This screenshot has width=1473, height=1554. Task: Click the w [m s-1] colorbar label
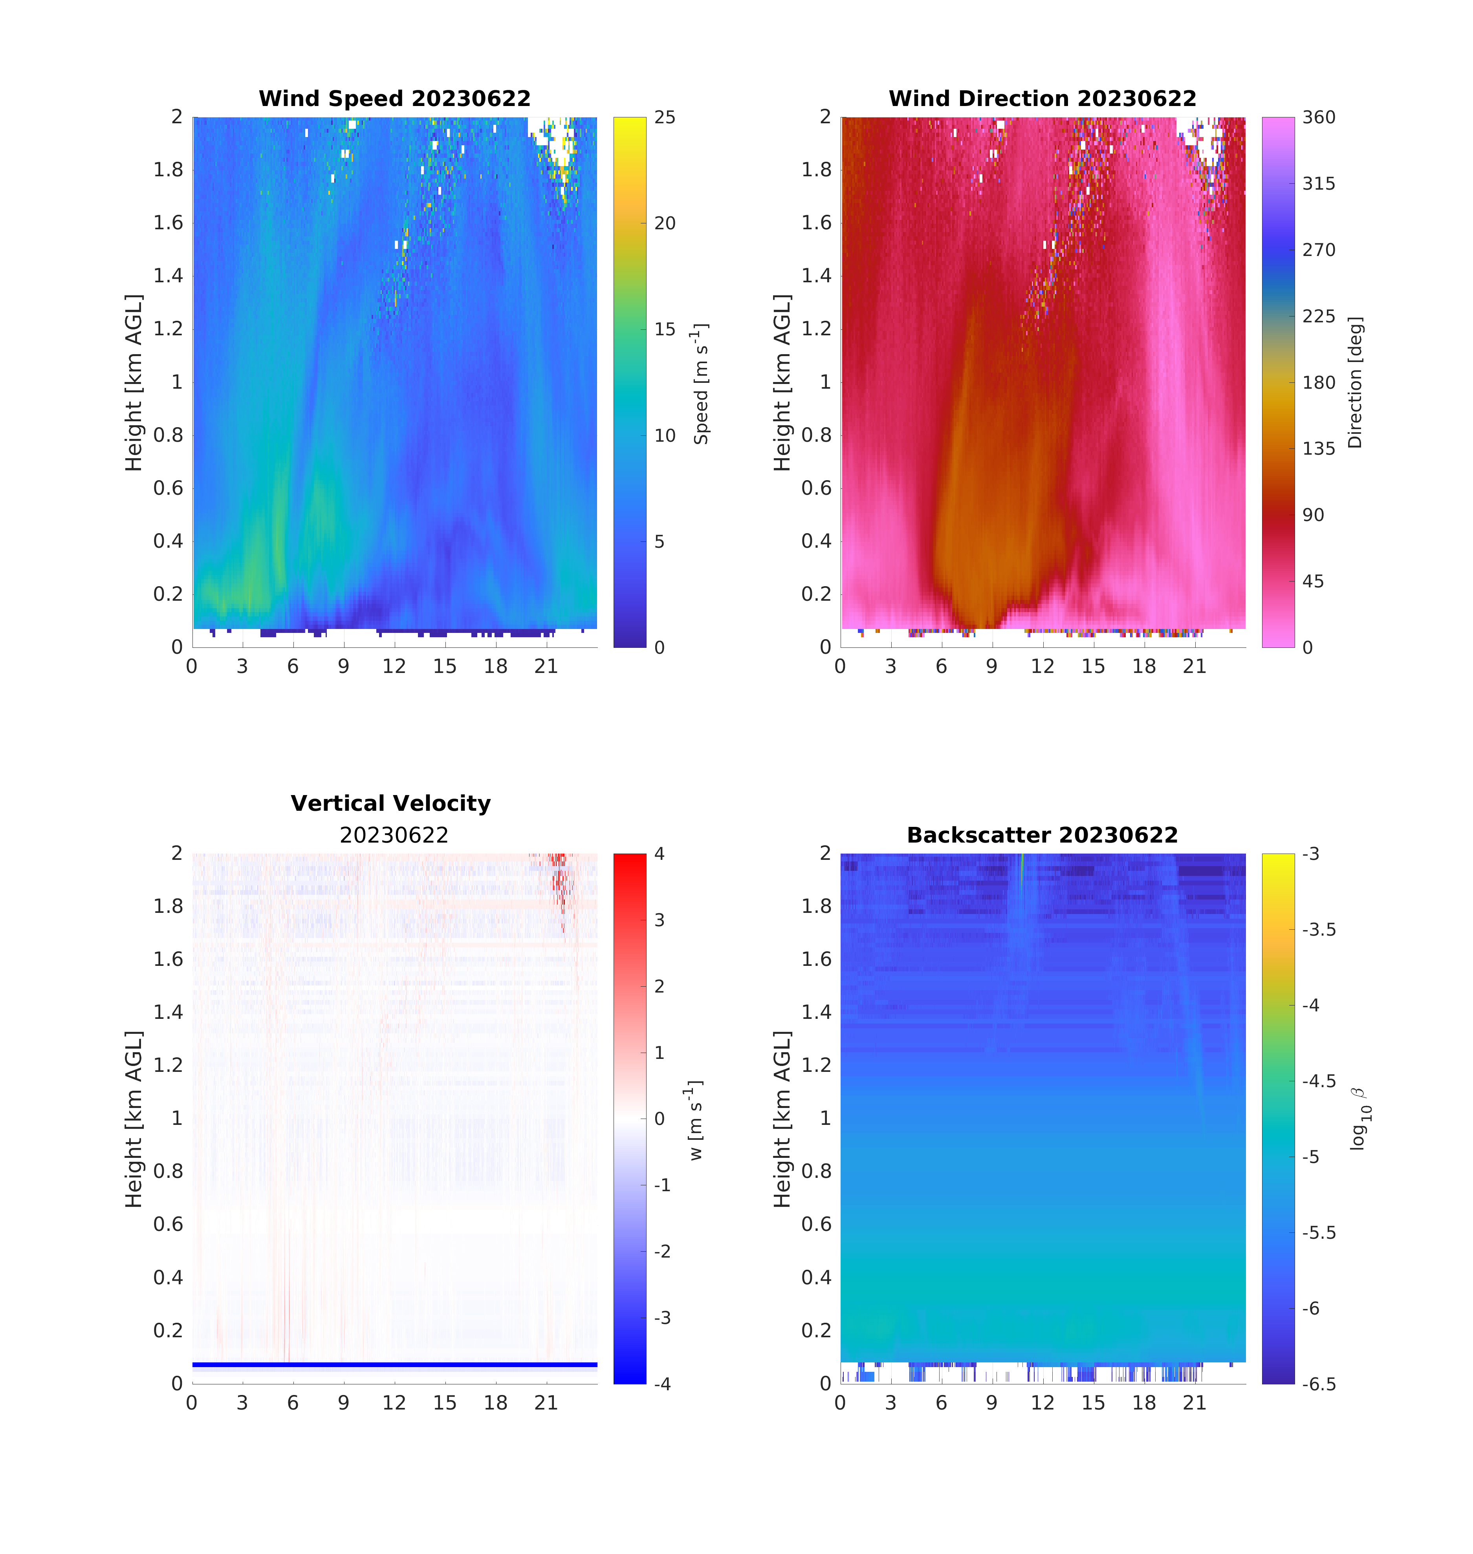point(696,1119)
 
